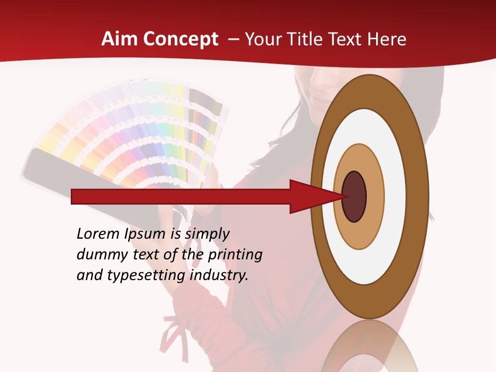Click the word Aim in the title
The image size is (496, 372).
point(119,39)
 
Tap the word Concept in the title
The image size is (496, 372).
point(181,39)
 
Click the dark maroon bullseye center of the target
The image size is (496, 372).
point(354,197)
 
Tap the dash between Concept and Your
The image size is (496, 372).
point(233,40)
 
